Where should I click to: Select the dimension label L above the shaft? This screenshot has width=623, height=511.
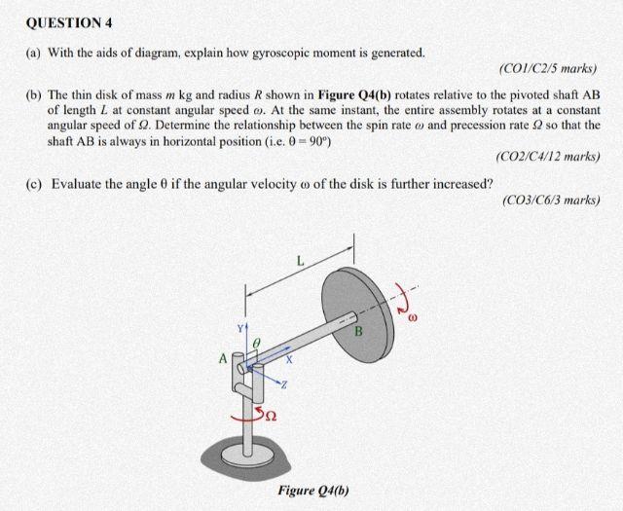pyautogui.click(x=301, y=260)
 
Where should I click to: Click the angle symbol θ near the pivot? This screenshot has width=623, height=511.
pyautogui.click(x=256, y=344)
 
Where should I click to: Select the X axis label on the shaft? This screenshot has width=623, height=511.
pyautogui.click(x=289, y=359)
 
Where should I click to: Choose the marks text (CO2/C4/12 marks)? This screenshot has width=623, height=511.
pyautogui.click(x=547, y=156)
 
